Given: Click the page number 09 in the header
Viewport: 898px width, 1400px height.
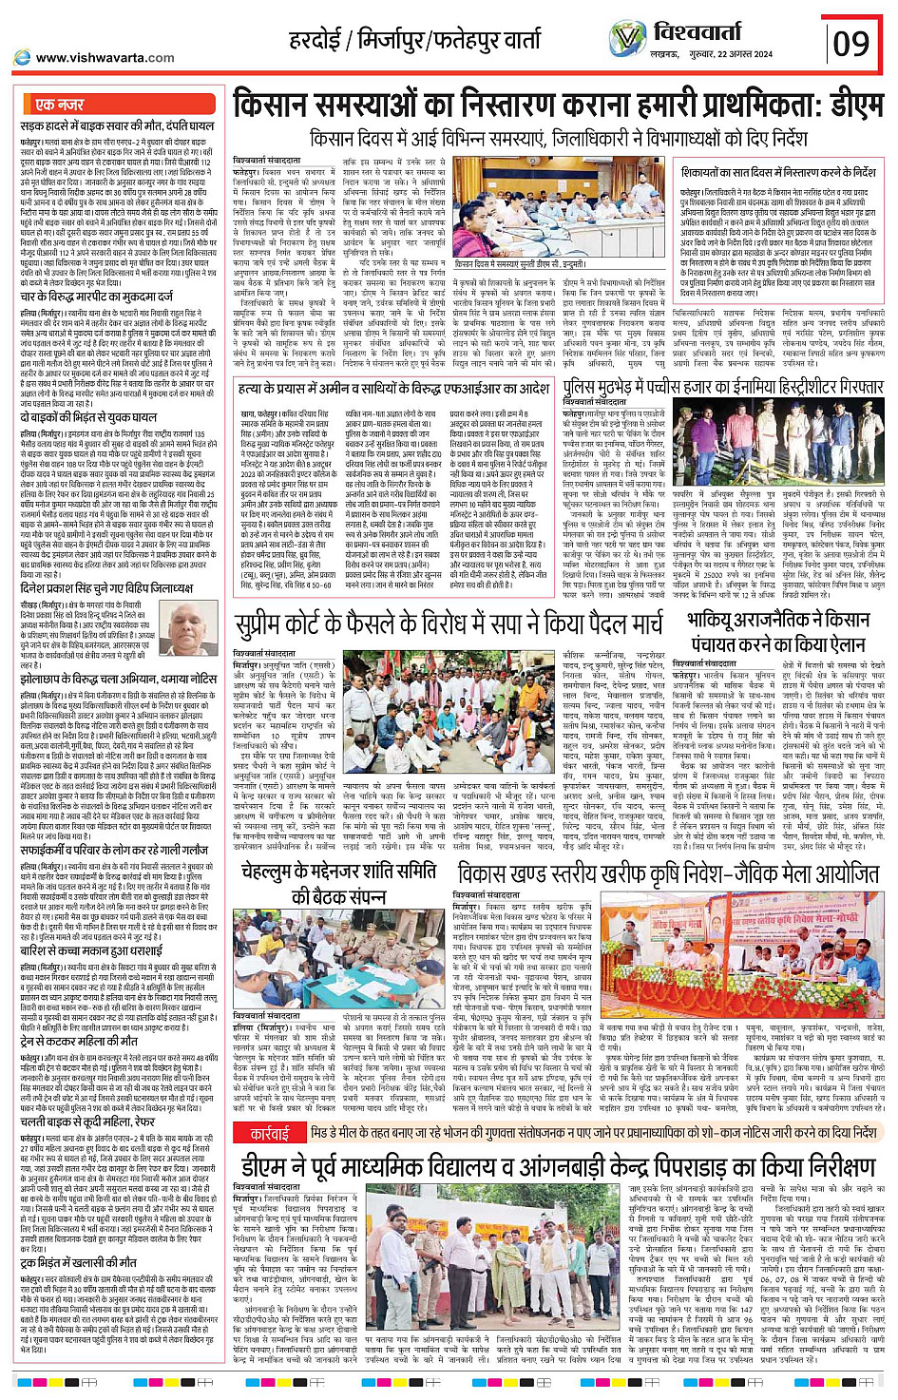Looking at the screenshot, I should [x=850, y=43].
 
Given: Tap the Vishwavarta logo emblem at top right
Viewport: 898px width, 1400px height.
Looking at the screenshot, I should [x=626, y=38].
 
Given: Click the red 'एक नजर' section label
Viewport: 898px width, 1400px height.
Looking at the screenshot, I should [x=59, y=105].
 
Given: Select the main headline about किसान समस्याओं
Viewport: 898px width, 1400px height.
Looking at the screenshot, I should [x=557, y=105].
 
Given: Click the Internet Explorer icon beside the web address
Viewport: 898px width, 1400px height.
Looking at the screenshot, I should [x=22, y=58].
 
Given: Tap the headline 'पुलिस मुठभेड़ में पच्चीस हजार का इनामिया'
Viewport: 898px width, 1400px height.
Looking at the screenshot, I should [x=722, y=388].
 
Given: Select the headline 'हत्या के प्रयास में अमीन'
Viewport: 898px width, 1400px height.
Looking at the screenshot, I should [x=393, y=389].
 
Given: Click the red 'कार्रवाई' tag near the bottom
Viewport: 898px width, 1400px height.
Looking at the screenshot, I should [x=269, y=1133].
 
